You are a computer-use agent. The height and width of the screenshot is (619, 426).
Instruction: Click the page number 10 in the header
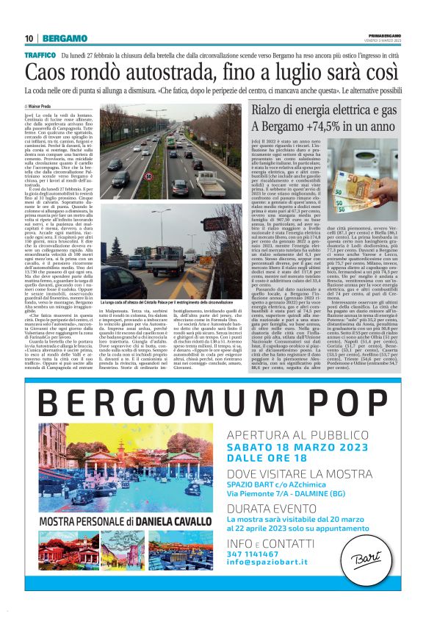(29, 37)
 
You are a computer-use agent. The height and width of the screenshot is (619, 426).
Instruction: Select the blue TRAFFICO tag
(40, 55)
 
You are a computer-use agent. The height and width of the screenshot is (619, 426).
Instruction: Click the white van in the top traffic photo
(203, 177)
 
